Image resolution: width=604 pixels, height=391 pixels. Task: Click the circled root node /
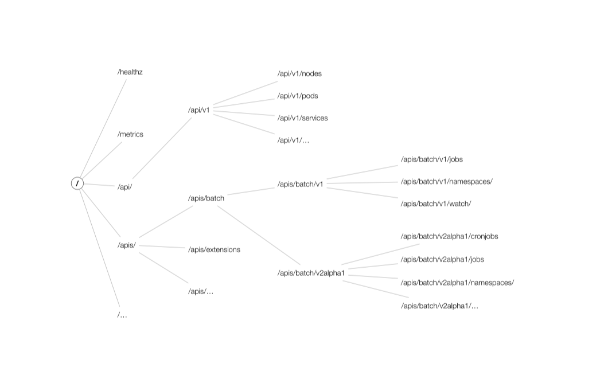click(77, 183)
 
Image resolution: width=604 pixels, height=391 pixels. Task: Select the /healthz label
click(130, 72)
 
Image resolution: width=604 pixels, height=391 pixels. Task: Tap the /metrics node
click(130, 135)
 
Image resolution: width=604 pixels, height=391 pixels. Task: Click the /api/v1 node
click(198, 110)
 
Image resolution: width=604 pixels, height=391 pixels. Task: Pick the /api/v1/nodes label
click(299, 74)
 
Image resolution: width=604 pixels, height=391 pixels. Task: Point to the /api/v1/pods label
click(297, 96)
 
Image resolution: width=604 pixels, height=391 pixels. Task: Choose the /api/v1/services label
click(302, 118)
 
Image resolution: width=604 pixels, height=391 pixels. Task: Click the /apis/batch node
click(206, 198)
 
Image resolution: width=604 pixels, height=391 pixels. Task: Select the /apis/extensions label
click(214, 250)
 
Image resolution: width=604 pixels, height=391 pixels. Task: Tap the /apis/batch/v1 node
click(300, 185)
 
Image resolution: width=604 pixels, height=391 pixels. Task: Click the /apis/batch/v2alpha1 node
click(311, 273)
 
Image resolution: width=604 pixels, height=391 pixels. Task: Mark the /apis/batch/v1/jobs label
click(431, 159)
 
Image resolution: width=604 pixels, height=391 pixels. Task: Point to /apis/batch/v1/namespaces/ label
click(446, 182)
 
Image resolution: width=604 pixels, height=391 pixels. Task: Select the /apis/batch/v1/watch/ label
click(435, 204)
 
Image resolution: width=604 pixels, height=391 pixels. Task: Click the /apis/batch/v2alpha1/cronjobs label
click(445, 236)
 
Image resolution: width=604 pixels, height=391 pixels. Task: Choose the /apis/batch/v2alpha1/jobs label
click(442, 260)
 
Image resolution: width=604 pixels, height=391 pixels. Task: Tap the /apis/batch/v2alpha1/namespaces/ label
click(457, 283)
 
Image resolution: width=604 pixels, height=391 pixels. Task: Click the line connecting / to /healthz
click(103, 128)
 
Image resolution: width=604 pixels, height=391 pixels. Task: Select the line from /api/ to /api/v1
click(162, 147)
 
